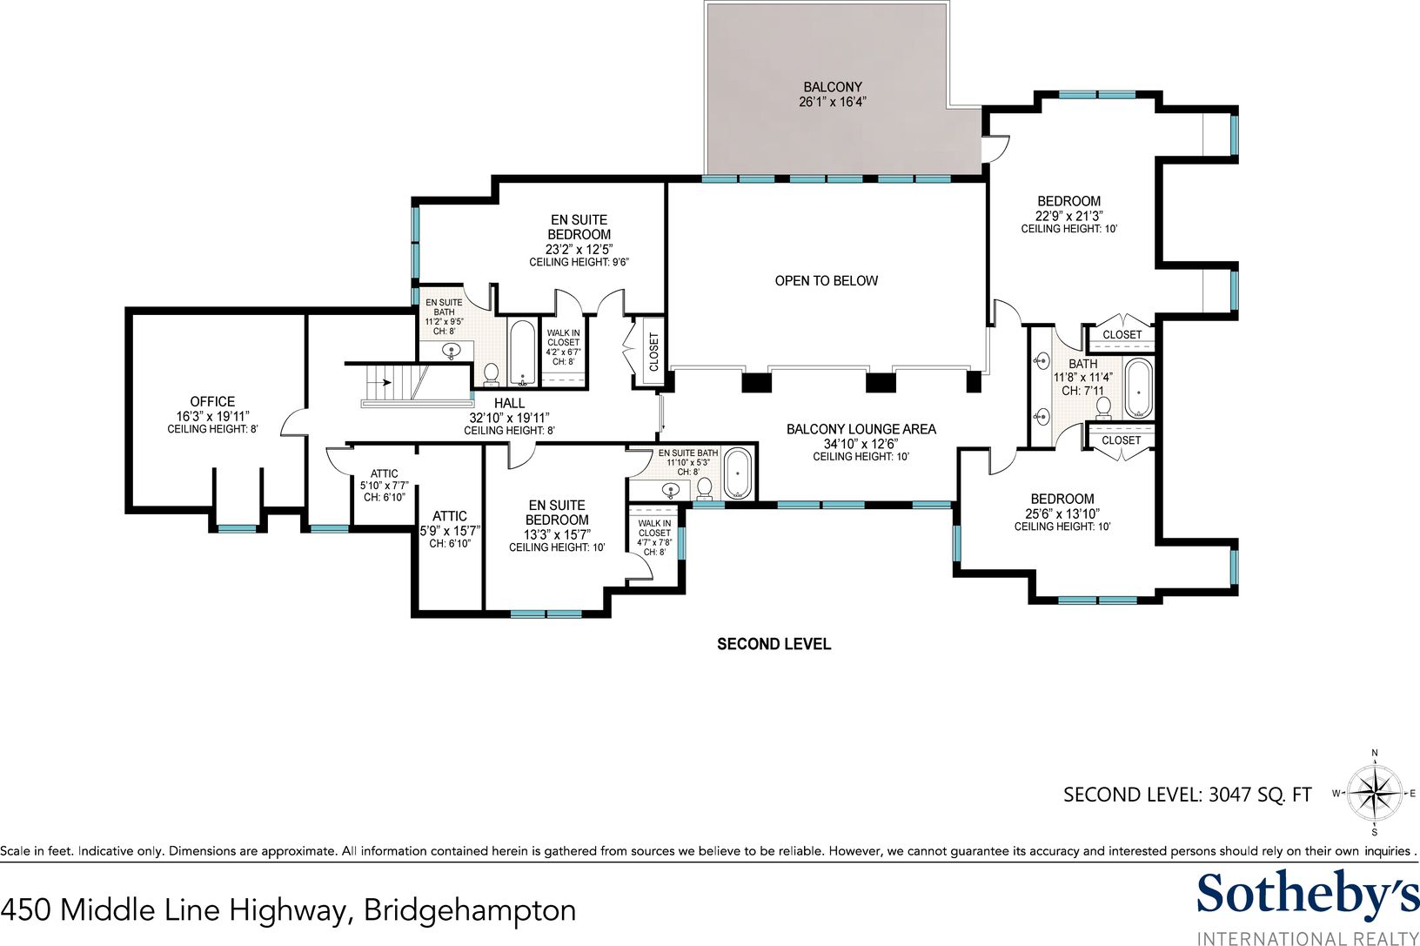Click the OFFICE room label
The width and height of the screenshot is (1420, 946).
(212, 401)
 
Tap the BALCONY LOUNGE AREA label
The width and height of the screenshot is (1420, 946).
(861, 429)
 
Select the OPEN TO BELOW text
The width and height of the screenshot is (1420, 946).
(826, 281)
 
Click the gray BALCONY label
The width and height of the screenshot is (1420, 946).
(833, 87)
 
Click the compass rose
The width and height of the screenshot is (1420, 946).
(1375, 793)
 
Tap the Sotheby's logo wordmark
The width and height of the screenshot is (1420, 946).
(1307, 896)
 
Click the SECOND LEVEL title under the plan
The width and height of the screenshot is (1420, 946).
(774, 644)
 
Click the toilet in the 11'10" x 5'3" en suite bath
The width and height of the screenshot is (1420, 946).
(704, 488)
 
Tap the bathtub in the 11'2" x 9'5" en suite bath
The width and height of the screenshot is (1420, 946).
(522, 353)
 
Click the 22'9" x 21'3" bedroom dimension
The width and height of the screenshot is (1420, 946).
(1068, 216)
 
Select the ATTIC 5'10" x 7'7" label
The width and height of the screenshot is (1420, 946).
(384, 485)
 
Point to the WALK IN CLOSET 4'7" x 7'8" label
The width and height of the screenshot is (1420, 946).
(654, 538)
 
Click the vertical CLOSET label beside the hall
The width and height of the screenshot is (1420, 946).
(654, 352)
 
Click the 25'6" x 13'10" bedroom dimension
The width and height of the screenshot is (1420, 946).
(1062, 513)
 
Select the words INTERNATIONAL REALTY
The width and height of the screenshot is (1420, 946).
(1307, 938)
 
